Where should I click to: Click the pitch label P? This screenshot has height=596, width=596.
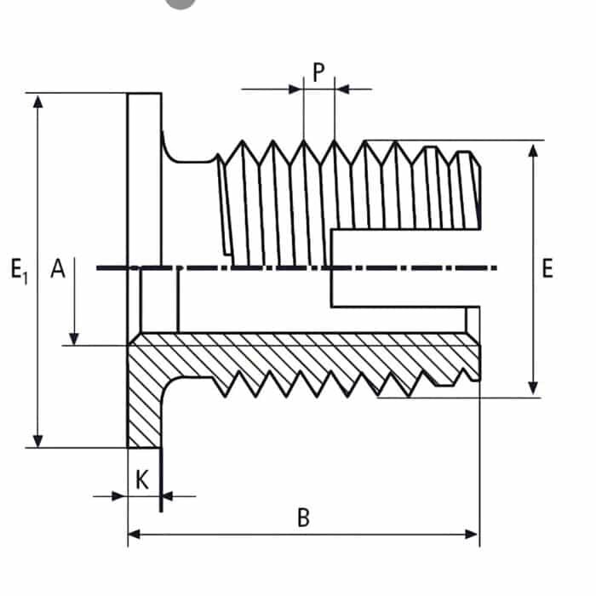318,72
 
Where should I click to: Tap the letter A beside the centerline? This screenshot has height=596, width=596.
57,269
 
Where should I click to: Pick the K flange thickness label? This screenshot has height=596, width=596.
142,479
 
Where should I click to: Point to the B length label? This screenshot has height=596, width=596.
302,518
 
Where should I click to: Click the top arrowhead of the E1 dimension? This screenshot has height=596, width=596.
37,100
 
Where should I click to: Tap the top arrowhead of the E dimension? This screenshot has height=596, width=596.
533,150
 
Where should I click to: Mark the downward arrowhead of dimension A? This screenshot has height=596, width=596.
74,338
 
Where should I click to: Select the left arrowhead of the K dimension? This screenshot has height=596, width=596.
120,495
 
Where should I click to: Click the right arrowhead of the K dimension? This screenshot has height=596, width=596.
168,495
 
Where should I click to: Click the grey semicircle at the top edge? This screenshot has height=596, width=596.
180,3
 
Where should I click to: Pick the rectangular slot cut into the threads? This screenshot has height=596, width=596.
400,268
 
